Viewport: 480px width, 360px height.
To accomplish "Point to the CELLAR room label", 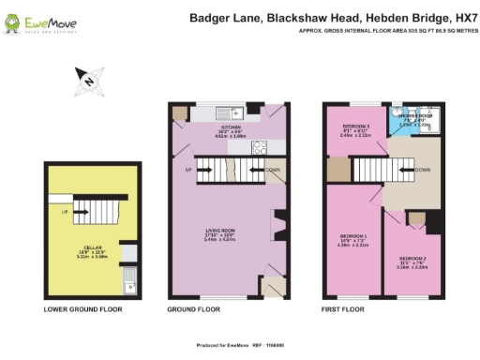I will point(92,247).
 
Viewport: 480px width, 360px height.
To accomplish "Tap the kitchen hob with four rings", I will point(259,145).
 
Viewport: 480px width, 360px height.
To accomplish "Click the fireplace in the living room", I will point(276,225).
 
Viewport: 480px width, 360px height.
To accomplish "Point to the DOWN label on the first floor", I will point(424,170).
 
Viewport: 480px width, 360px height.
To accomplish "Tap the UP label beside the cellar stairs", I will point(64,212).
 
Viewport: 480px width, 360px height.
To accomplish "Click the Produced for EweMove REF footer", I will point(239,346).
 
